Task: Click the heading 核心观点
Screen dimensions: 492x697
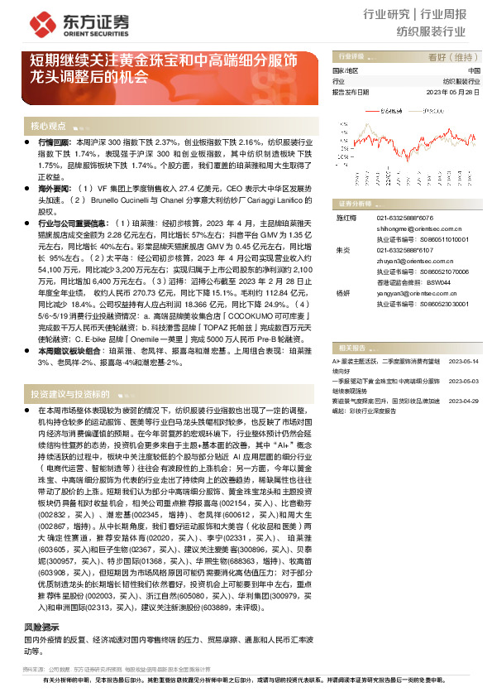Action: coord(48,126)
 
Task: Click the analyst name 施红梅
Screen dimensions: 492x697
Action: coord(343,216)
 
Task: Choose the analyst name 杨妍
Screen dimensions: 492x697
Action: coord(342,293)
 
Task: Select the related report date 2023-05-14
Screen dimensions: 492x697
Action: coord(462,339)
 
